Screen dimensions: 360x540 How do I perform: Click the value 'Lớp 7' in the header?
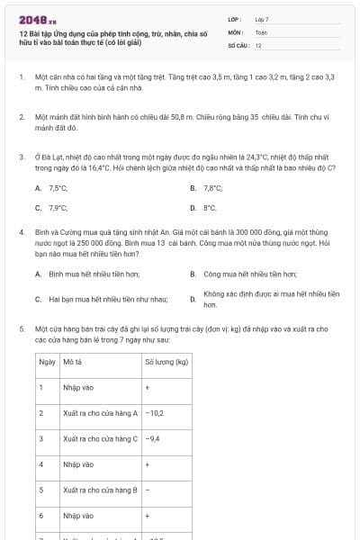262,18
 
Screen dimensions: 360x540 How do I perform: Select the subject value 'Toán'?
261,31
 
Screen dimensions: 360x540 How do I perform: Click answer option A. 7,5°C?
52,188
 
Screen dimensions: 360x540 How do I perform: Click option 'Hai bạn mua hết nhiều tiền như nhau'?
99,299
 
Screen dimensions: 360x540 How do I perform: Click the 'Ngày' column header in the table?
48,362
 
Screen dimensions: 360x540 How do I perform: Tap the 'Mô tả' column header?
74,362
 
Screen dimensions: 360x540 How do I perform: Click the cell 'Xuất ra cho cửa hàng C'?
100,438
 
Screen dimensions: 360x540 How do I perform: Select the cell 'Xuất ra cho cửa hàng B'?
100,490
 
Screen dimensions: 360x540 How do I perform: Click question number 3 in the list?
22,156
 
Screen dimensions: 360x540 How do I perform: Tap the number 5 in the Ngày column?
41,490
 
